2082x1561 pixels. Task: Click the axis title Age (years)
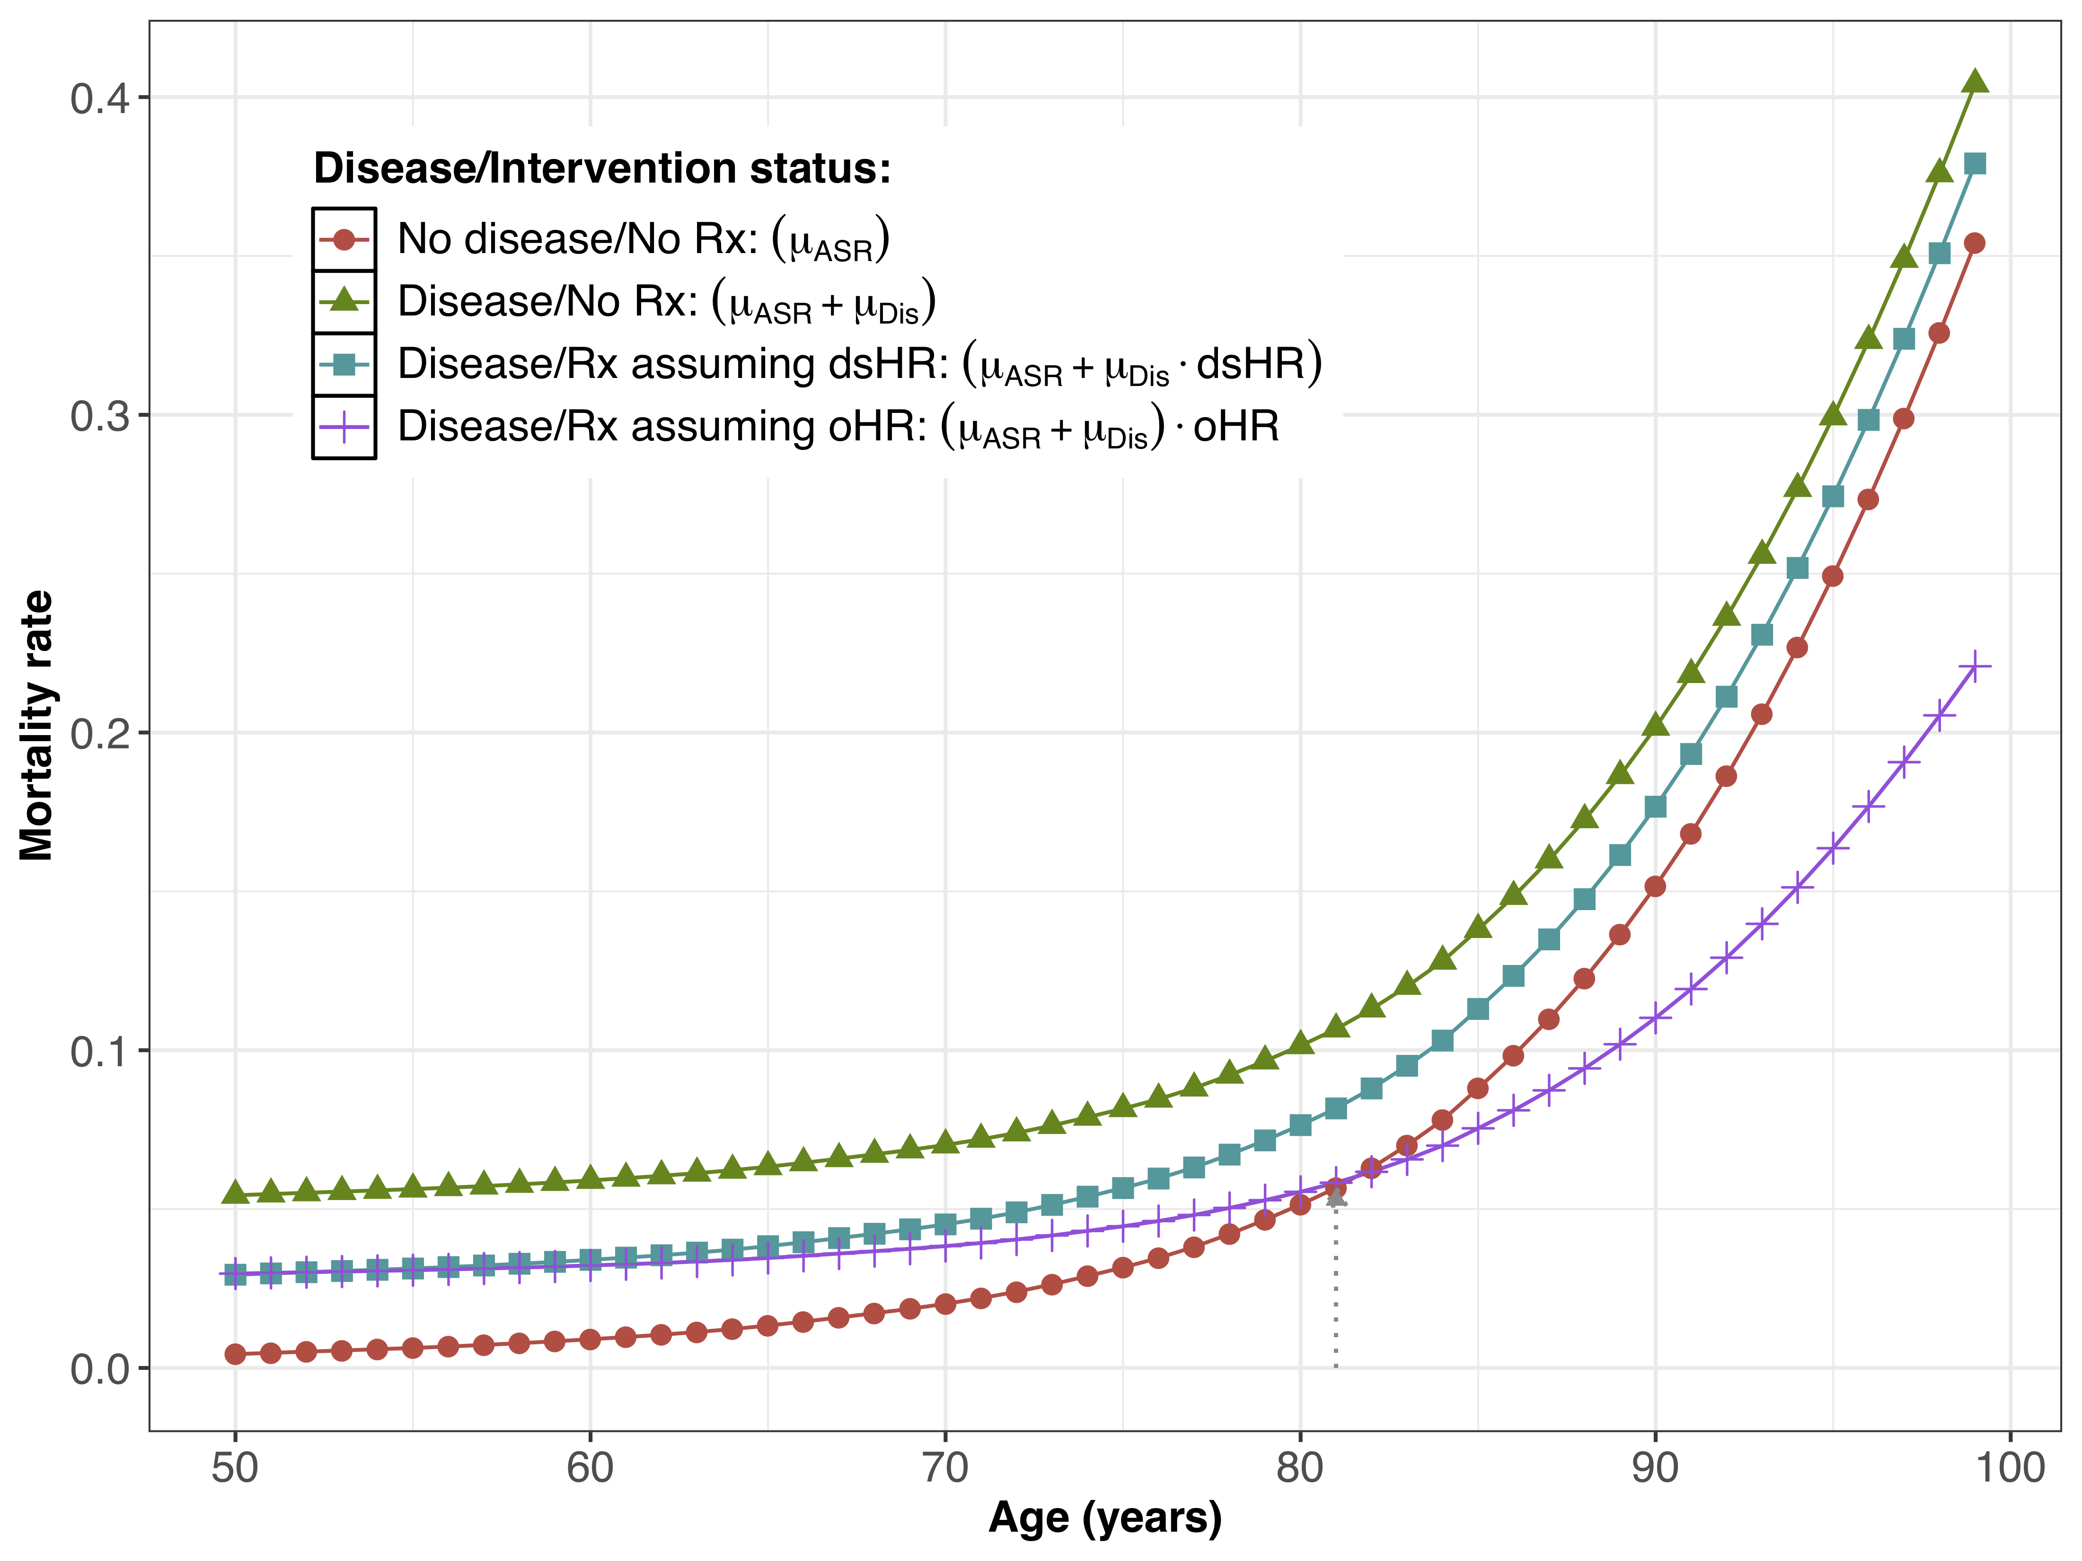(1105, 1517)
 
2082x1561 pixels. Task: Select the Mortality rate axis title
(38, 725)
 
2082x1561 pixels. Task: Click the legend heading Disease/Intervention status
(601, 168)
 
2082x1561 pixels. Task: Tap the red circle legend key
(344, 239)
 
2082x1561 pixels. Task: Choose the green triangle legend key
(344, 301)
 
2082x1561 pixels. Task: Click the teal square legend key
(344, 364)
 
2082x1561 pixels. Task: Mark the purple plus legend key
(344, 427)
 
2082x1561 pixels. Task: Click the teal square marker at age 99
(1975, 164)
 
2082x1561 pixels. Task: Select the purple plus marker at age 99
(1975, 666)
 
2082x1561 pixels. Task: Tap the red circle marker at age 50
(235, 1354)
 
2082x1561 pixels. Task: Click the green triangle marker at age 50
(235, 1193)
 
